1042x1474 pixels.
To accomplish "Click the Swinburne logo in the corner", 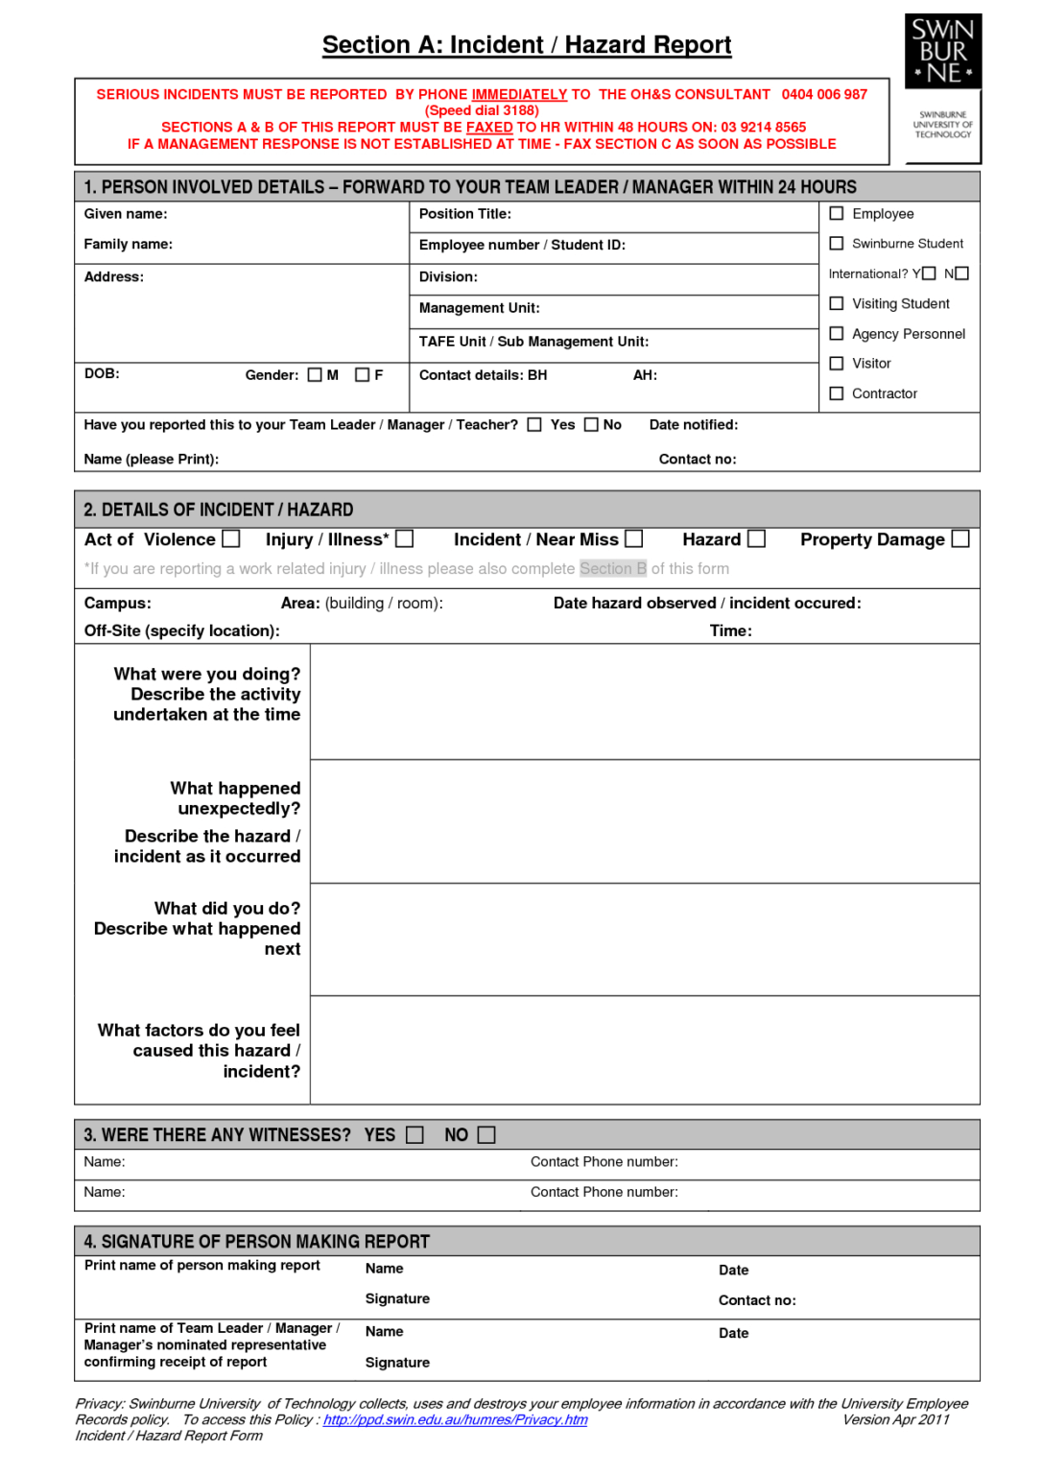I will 942,52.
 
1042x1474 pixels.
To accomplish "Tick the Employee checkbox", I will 837,213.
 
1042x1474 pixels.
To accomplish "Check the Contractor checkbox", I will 837,393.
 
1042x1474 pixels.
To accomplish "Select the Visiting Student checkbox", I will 837,303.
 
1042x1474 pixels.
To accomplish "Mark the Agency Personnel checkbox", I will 837,333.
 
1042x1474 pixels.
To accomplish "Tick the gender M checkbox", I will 315,375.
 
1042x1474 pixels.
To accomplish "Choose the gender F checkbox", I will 362,375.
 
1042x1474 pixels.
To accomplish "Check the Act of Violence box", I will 231,539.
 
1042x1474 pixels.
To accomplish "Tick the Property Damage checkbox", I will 960,539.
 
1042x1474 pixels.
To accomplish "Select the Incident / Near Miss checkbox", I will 634,539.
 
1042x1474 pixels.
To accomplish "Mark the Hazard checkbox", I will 757,539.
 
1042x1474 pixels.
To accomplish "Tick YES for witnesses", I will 414,1135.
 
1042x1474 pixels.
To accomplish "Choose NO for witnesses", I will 486,1135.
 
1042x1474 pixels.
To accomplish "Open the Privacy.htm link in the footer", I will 455,1419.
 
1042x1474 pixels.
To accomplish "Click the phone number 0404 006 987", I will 824,94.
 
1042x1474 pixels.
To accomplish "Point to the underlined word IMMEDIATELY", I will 519,94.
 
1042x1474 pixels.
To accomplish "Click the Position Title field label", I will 465,214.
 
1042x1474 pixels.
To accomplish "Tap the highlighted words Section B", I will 613,568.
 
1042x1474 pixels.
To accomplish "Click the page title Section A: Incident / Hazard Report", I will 527,45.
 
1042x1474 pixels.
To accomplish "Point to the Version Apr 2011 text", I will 895,1419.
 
